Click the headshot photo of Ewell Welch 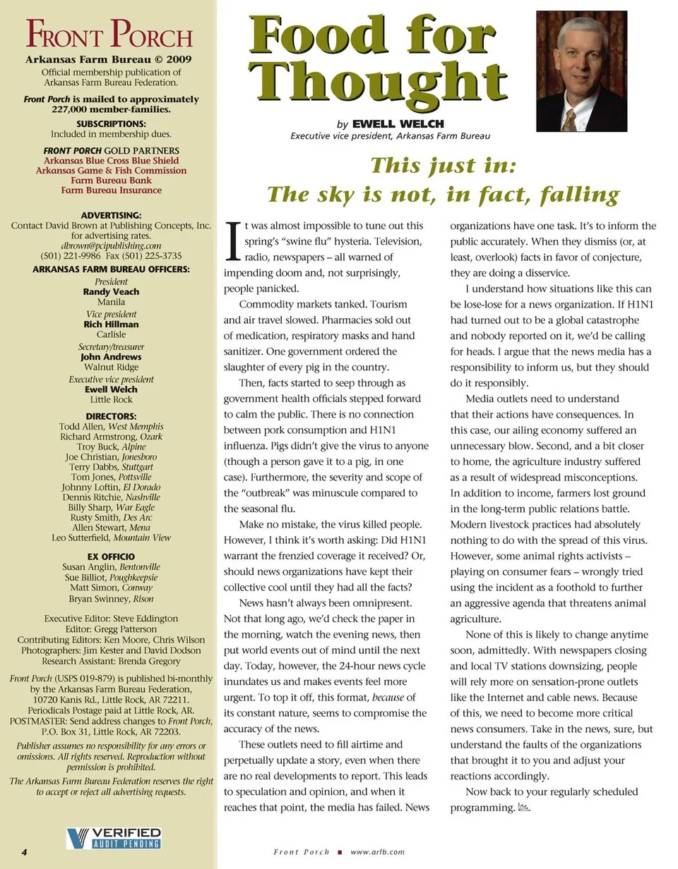581,71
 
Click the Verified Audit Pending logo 114,838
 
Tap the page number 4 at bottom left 24,851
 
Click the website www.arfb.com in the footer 377,852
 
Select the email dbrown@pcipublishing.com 111,245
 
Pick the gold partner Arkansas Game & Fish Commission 111,170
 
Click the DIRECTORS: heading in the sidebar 111,416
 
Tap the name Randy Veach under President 111,291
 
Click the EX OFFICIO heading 111,557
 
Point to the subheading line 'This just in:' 444,166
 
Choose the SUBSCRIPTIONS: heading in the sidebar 111,123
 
